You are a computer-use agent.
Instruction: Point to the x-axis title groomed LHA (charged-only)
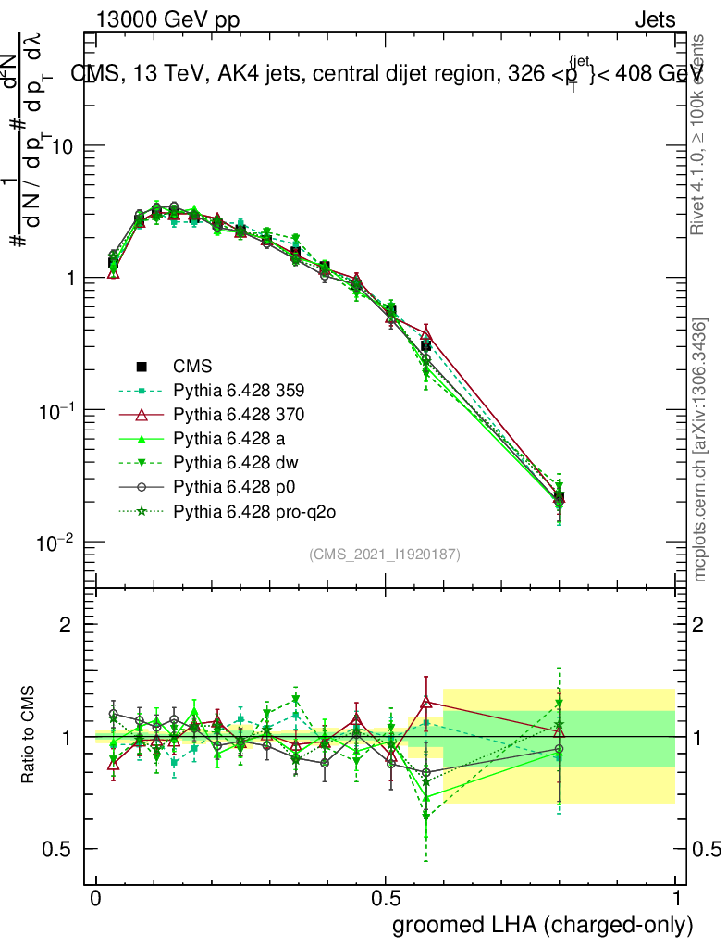544,925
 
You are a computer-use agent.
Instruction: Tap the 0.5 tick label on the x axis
386,898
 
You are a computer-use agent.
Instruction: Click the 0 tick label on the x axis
96,898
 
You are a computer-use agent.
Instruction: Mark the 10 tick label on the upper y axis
62,147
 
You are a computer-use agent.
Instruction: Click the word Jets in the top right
655,20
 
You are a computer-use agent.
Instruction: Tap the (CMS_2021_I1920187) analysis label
385,555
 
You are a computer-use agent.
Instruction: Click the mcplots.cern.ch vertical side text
701,451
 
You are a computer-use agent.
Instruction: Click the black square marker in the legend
142,367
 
